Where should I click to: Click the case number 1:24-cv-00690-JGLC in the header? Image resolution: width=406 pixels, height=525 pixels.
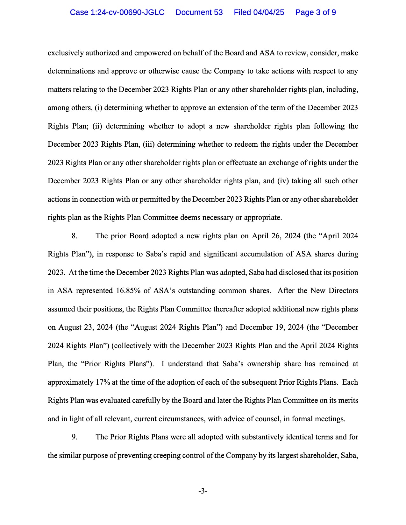click(117, 12)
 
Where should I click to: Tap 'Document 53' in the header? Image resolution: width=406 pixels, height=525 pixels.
click(199, 12)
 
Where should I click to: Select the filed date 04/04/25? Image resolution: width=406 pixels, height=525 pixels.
click(268, 12)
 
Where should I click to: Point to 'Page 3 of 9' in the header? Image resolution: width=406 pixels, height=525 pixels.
click(315, 12)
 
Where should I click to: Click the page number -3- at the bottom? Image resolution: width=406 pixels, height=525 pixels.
click(203, 491)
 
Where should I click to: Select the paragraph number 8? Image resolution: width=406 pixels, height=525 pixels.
click(75, 236)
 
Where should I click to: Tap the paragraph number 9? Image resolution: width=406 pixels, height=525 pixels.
click(75, 437)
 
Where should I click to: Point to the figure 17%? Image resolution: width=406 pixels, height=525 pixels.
click(103, 382)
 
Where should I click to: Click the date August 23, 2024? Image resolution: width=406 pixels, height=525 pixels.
click(85, 327)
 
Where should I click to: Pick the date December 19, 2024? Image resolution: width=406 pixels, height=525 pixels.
click(272, 327)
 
